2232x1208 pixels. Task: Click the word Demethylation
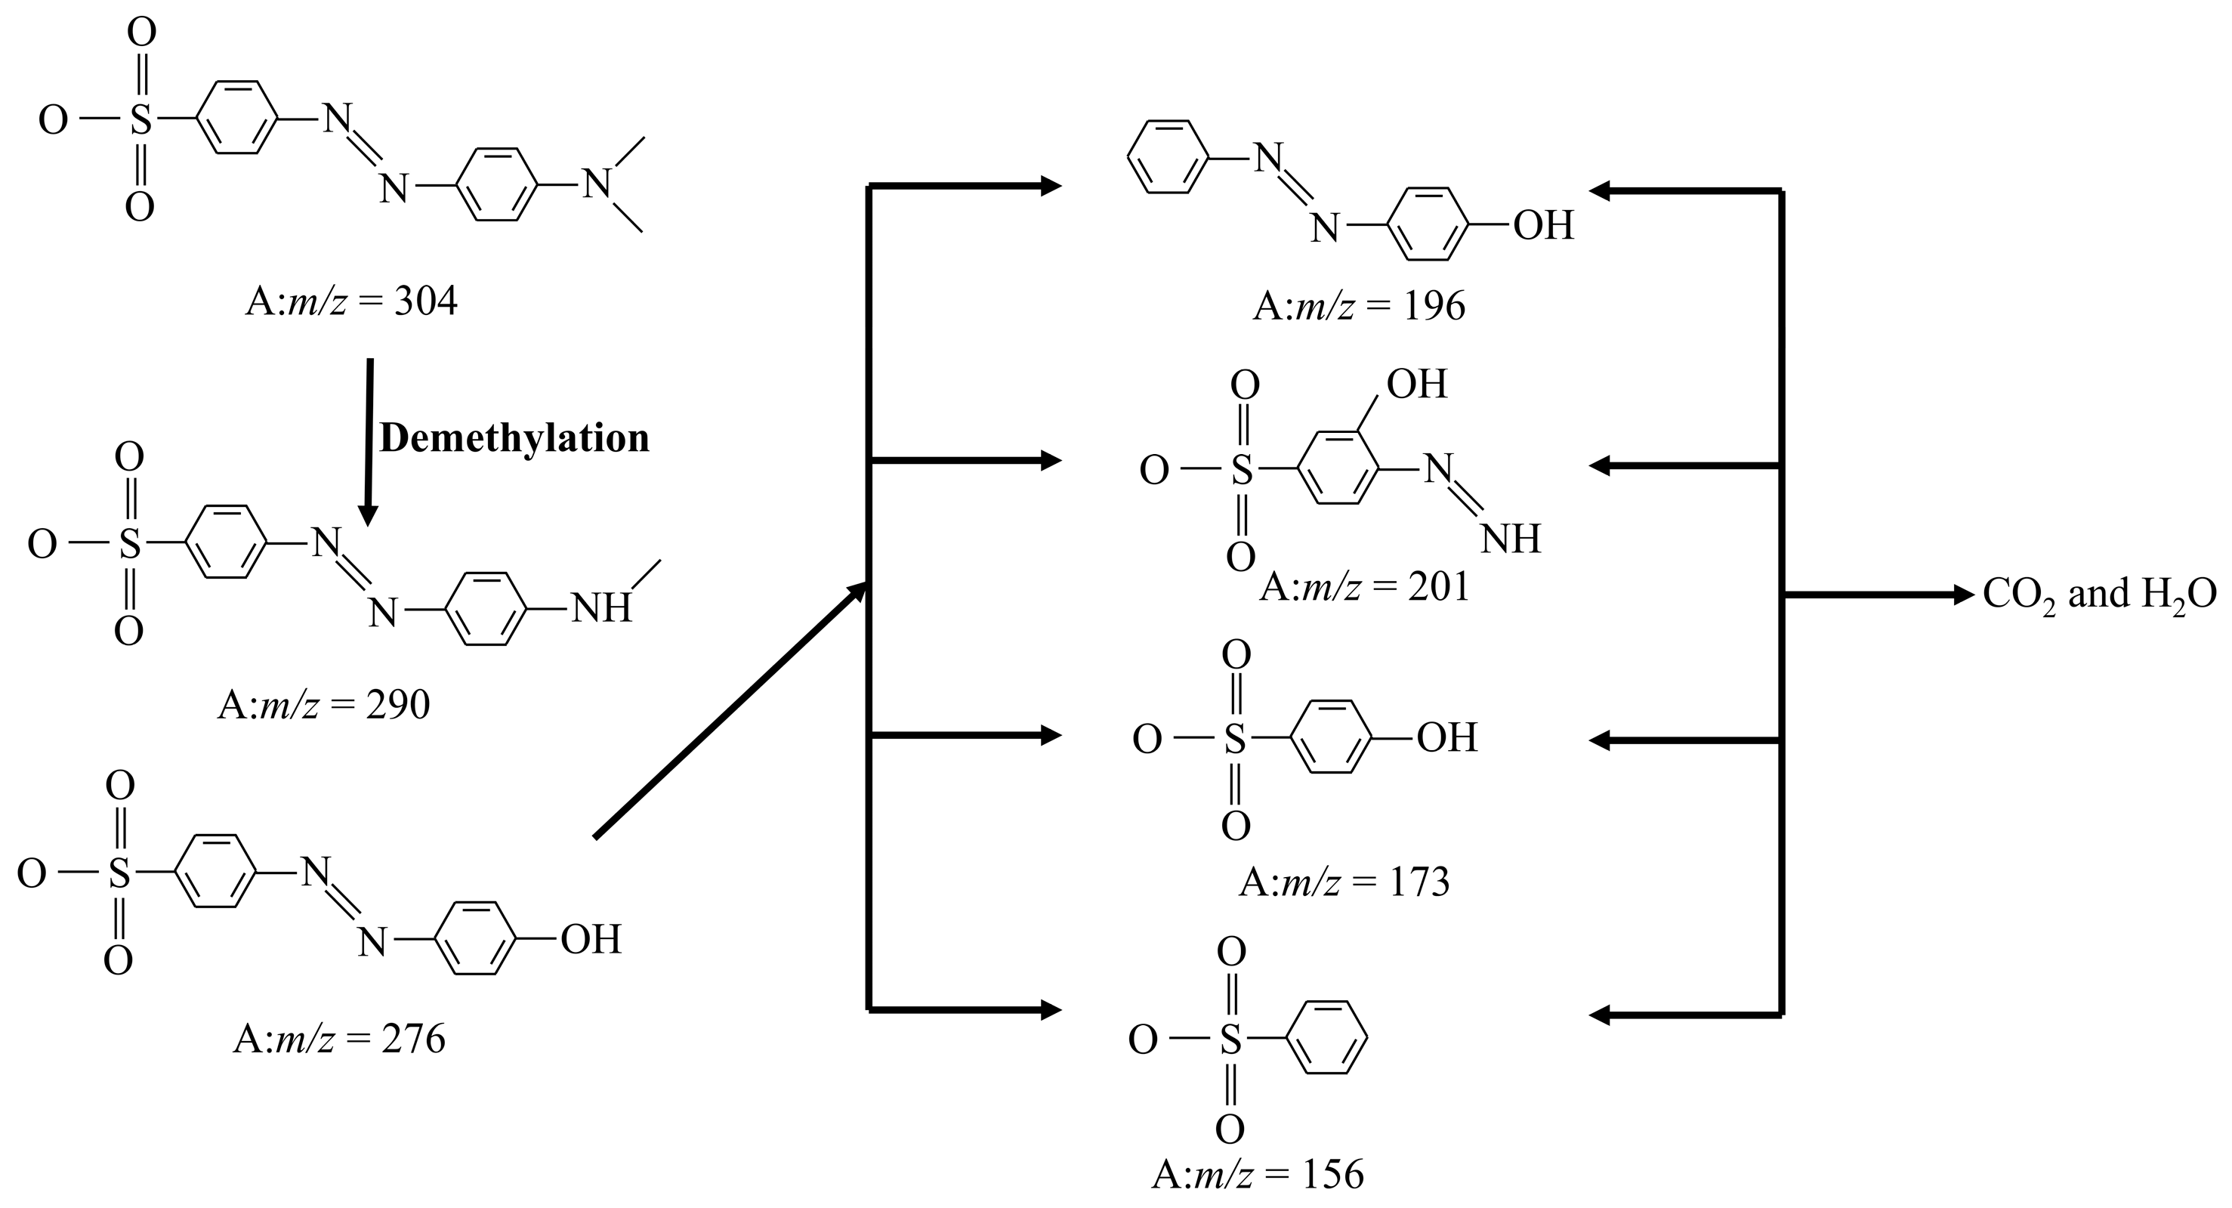[x=514, y=438]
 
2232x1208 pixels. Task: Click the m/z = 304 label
[x=352, y=301]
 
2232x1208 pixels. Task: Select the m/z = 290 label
[x=324, y=706]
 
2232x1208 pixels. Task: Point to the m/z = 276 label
[x=340, y=1038]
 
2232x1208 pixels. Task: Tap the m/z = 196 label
[x=1359, y=306]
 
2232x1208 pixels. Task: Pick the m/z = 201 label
[x=1365, y=588]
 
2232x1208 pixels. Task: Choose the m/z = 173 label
[x=1344, y=882]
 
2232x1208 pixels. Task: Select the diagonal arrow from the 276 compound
[x=730, y=711]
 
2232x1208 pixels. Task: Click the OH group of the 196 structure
[x=1543, y=226]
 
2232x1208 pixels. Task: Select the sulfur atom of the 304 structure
[x=140, y=120]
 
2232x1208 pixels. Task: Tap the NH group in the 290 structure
[x=601, y=608]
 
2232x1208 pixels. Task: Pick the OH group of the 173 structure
[x=1447, y=738]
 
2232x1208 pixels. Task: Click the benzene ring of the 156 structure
[x=1326, y=1038]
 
